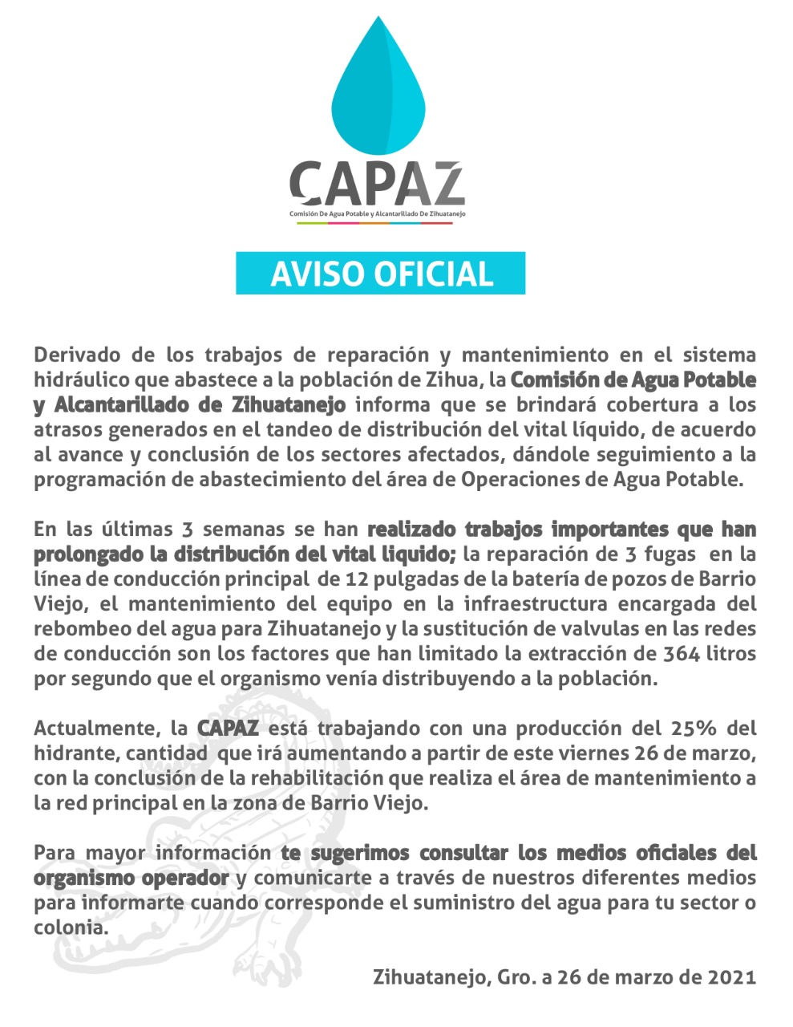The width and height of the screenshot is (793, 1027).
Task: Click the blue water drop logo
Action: [378, 88]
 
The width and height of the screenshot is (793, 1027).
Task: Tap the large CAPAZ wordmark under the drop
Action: [377, 183]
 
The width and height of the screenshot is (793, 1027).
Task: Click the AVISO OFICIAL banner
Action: [380, 274]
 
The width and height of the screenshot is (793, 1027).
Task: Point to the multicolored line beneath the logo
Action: [375, 223]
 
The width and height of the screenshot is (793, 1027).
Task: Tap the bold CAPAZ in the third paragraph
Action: [228, 729]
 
